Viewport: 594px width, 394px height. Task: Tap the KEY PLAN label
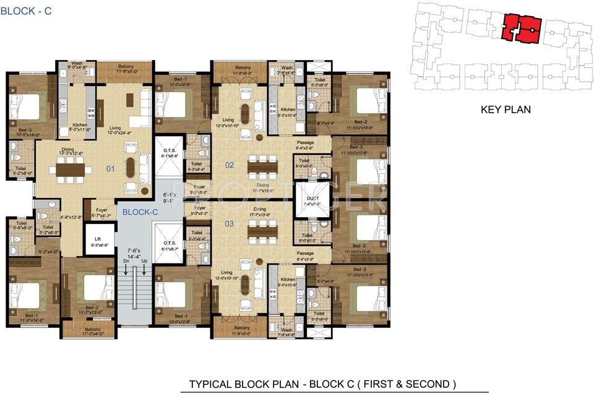point(506,110)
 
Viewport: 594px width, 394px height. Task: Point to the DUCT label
point(312,199)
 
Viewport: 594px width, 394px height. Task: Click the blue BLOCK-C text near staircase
point(140,212)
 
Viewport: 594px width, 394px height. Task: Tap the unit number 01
point(110,167)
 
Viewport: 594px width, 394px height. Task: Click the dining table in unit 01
point(72,168)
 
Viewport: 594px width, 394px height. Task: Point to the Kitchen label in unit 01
point(79,124)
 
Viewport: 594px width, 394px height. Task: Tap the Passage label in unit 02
point(305,143)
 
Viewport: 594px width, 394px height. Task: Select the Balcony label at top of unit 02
point(243,67)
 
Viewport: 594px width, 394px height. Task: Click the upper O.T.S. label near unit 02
point(170,151)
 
